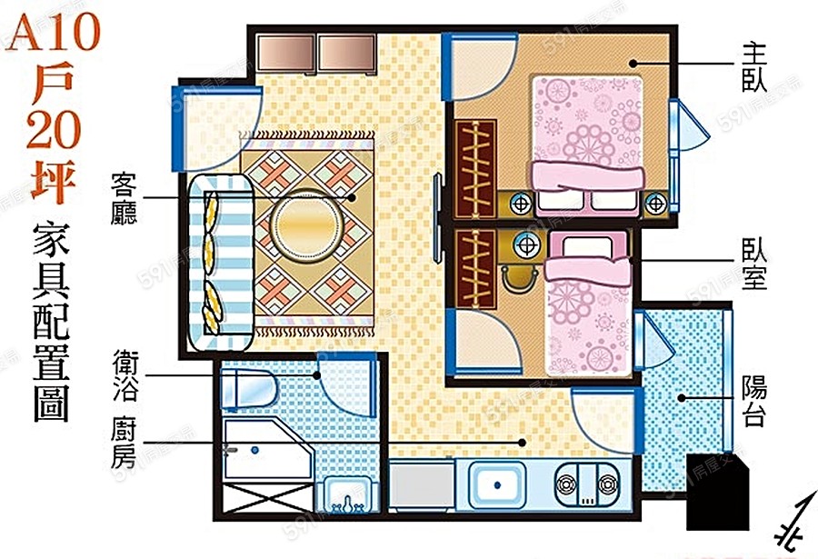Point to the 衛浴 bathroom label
tap(125, 375)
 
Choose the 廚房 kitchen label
tap(125, 444)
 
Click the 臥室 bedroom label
tap(754, 265)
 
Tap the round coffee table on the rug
tap(307, 225)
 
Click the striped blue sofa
tap(221, 263)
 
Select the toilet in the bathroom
tap(249, 389)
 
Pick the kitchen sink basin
tap(496, 484)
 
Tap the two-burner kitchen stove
tap(586, 484)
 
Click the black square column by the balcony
tap(717, 492)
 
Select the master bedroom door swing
tap(480, 66)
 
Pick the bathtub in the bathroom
tap(267, 451)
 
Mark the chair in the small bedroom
tap(518, 275)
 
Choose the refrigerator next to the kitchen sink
tap(422, 485)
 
